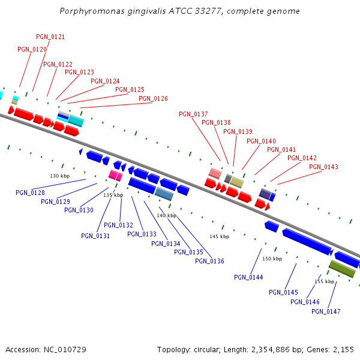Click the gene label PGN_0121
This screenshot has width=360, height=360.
[50, 37]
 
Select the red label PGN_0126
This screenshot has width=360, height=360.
[153, 98]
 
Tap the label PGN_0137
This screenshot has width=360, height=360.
[193, 114]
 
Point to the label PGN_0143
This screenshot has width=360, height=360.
[323, 167]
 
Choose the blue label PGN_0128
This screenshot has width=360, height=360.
[30, 193]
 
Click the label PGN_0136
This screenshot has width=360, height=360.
[209, 261]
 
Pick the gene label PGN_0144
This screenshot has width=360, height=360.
[248, 277]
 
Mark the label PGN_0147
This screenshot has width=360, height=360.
[326, 311]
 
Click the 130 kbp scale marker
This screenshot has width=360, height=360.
[59, 176]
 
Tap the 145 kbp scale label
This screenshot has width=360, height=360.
[219, 236]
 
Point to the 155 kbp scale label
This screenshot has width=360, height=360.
[324, 281]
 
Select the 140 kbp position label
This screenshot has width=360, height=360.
[166, 215]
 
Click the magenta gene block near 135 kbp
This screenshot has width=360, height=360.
[115, 175]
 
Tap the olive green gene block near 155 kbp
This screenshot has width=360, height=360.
[342, 268]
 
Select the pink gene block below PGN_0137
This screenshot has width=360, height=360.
[215, 173]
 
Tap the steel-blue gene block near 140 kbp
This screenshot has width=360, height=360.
[164, 193]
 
